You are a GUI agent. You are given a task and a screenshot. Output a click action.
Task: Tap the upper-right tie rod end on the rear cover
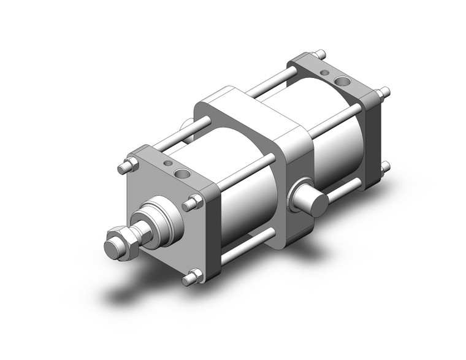pyautogui.click(x=384, y=93)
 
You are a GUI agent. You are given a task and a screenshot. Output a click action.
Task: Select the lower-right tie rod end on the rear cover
pyautogui.click(x=385, y=166)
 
